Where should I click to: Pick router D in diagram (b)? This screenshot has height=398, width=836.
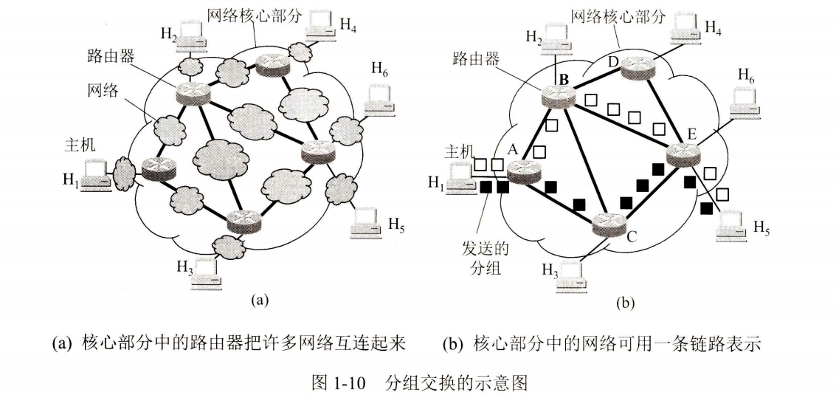click(x=636, y=68)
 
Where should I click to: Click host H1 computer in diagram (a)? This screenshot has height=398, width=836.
click(x=95, y=176)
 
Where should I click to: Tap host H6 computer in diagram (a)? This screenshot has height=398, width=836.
click(x=379, y=100)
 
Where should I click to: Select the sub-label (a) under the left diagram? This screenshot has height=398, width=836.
click(x=260, y=300)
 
